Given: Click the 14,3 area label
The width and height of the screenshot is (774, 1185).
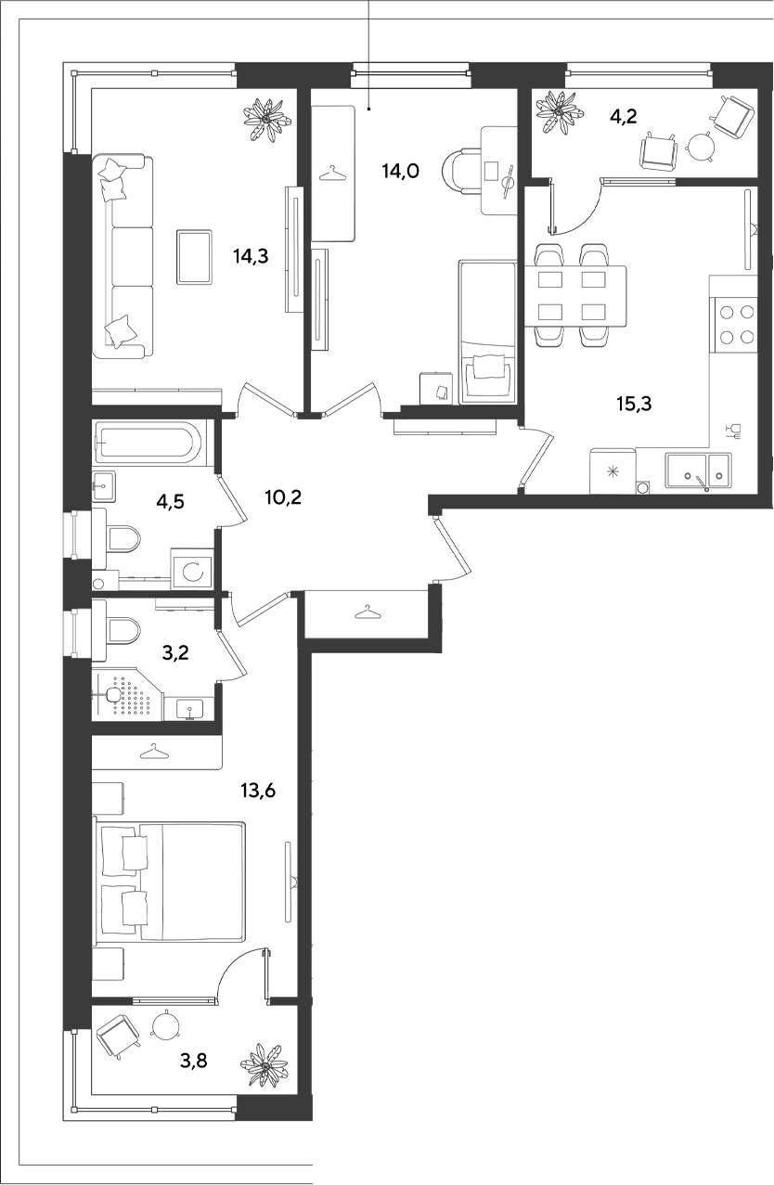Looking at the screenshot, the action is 251,256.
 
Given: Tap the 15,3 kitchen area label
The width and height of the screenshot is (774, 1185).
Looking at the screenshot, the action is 634,405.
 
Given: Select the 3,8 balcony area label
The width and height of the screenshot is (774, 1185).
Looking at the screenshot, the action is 194,1061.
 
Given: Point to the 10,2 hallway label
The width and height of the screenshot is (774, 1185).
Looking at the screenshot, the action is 284,497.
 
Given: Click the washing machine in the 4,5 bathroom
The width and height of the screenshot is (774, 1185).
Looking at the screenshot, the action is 191,569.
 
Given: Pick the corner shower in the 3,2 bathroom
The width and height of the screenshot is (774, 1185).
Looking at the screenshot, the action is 127,694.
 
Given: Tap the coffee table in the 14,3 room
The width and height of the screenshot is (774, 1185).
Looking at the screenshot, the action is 195,257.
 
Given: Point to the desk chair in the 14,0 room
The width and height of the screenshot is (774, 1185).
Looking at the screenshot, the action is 459,170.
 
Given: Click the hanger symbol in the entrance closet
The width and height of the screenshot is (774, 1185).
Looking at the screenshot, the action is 368,612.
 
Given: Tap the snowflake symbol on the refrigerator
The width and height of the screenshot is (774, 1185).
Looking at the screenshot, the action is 613,470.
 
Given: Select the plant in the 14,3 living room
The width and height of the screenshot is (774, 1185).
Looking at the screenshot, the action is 267,120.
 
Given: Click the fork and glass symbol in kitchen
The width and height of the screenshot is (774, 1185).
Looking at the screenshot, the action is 734,431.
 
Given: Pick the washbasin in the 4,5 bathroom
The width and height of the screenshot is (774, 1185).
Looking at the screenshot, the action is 104,486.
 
